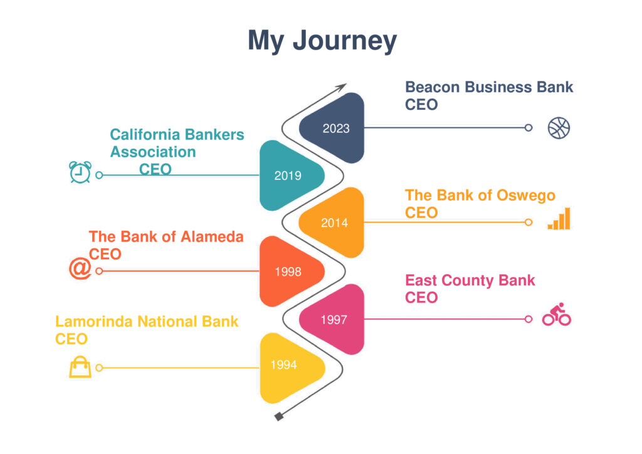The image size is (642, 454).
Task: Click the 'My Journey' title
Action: (322, 41)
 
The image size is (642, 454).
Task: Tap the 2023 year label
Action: (336, 129)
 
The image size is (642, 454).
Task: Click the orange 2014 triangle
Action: (332, 223)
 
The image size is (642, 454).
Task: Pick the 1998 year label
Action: (288, 272)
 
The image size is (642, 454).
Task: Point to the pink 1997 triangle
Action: (332, 319)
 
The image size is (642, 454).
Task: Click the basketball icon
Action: (559, 128)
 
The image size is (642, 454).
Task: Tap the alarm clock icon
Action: (80, 172)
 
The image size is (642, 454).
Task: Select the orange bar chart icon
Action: (559, 219)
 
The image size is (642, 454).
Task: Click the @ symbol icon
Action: (80, 268)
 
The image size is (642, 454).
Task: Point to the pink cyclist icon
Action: (557, 314)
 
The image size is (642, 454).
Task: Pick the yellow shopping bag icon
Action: (80, 367)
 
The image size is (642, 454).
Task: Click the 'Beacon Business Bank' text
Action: (489, 87)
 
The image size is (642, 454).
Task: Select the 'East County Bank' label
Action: (470, 280)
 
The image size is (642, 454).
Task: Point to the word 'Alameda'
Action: (212, 237)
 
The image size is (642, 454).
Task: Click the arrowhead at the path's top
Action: (342, 87)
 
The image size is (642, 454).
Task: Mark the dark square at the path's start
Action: (279, 417)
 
